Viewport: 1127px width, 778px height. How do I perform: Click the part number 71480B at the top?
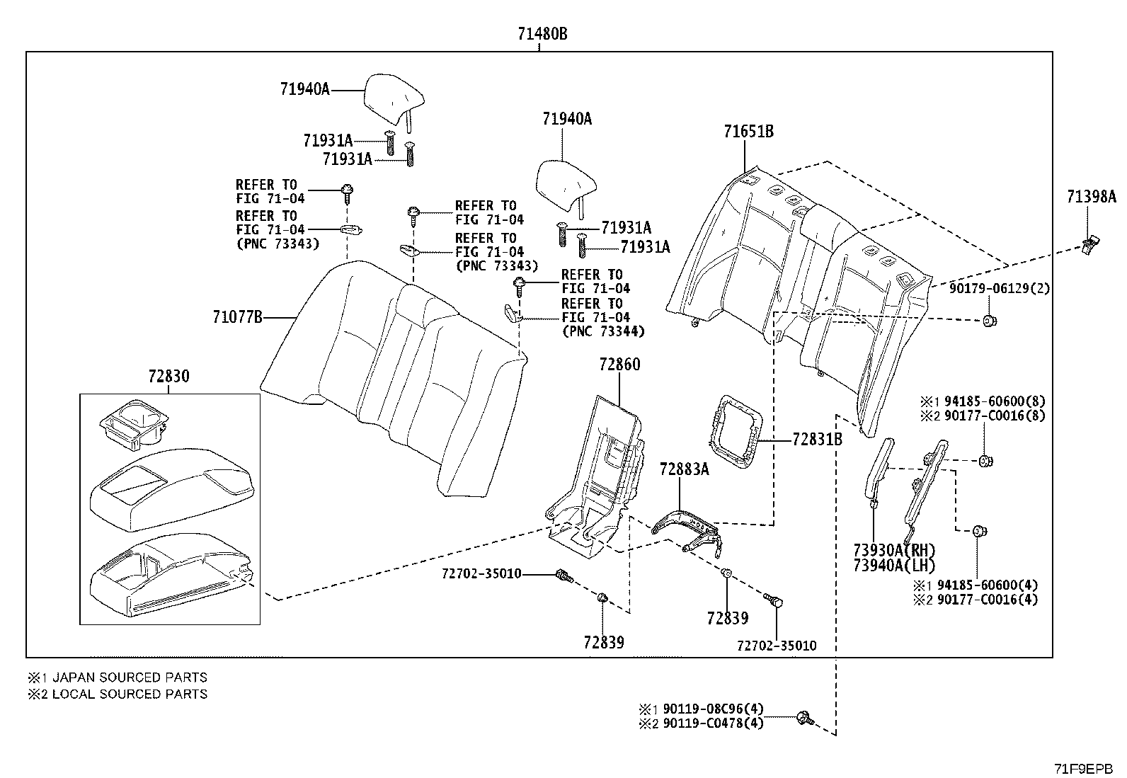point(542,34)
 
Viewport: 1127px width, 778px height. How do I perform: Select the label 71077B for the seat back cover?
point(237,317)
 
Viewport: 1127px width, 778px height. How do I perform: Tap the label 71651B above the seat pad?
point(749,132)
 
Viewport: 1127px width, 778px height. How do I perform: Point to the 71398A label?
point(1092,197)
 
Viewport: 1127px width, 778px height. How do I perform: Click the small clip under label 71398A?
point(1090,246)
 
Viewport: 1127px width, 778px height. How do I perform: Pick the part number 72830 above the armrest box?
point(168,376)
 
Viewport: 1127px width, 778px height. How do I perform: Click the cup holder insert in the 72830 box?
point(133,423)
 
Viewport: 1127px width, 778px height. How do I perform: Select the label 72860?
point(619,365)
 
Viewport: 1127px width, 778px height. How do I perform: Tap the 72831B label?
point(817,440)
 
